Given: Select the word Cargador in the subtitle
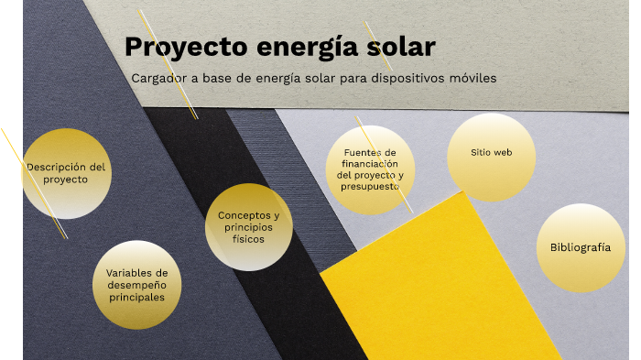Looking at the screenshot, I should [x=159, y=79].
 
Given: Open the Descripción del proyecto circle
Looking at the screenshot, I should [x=66, y=174].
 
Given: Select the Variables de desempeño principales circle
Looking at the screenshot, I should [x=137, y=285].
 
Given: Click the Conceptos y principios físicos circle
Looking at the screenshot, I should [x=248, y=227].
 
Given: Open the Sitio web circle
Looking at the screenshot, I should [x=491, y=153].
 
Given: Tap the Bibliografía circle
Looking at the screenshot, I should [x=580, y=248].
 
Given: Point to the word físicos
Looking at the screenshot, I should [x=248, y=239].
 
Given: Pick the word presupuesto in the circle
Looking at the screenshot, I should [x=370, y=186].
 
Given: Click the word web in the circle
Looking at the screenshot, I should [x=503, y=153].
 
